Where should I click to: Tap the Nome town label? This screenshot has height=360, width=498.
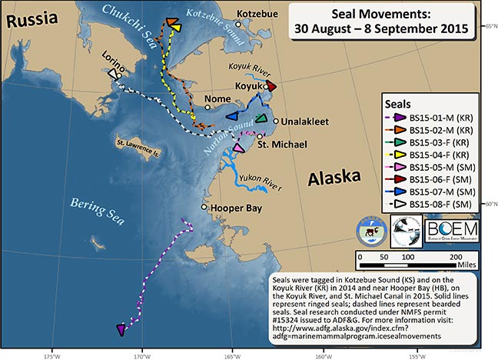[217, 99]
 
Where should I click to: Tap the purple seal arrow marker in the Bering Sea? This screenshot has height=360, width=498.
[121, 329]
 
